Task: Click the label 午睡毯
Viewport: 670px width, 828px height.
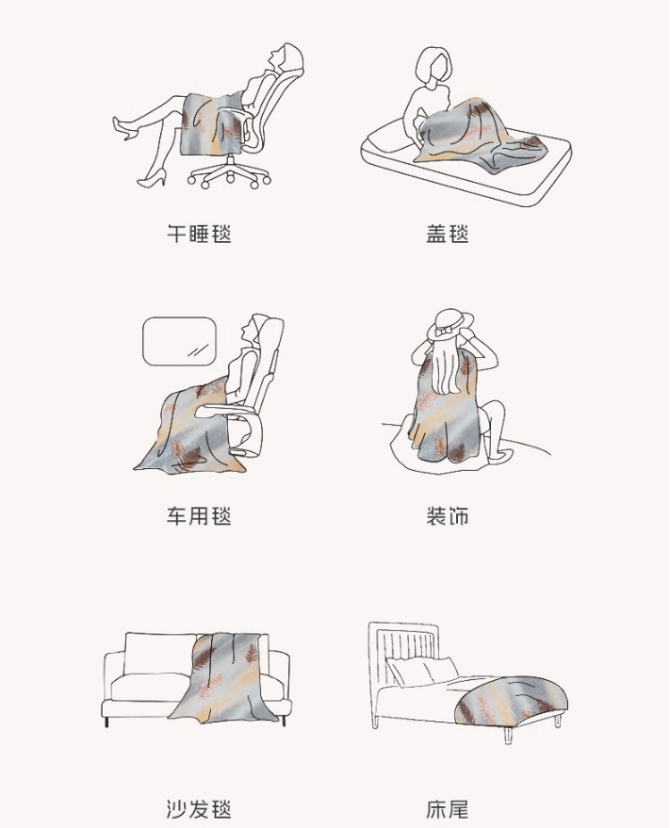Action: click(x=199, y=234)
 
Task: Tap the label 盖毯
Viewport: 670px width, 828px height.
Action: click(x=448, y=234)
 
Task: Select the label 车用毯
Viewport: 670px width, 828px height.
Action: click(x=199, y=515)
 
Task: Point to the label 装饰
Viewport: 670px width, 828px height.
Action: click(x=448, y=515)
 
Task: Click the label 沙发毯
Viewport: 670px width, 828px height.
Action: click(x=199, y=809)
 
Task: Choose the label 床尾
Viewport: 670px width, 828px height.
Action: click(x=448, y=809)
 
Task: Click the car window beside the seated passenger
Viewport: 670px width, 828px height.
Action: click(x=180, y=341)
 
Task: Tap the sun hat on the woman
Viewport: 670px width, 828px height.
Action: click(x=450, y=324)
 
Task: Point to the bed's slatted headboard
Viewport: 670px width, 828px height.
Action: click(x=404, y=650)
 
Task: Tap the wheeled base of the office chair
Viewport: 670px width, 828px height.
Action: click(x=230, y=171)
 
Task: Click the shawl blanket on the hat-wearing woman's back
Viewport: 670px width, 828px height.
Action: click(x=448, y=407)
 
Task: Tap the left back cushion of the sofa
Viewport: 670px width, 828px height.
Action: click(x=159, y=655)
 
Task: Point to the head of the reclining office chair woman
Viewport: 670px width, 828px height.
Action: click(x=286, y=57)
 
